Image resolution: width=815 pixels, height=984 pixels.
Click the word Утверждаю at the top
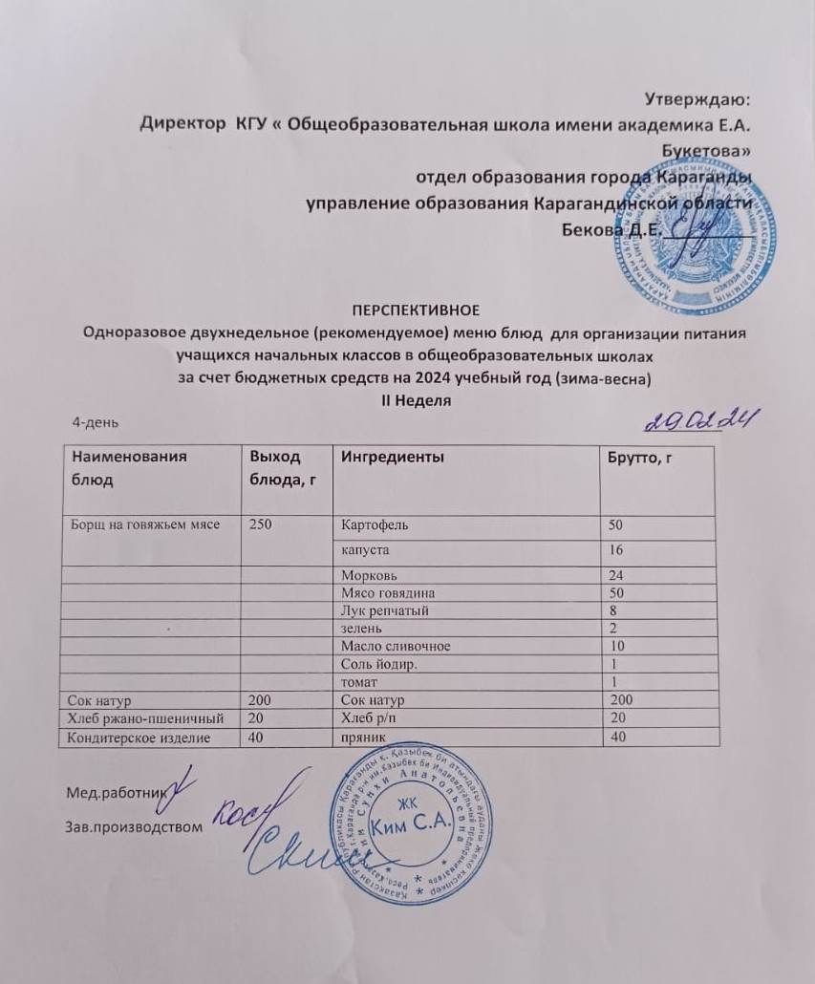pyautogui.click(x=697, y=98)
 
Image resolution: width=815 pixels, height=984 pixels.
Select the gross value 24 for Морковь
pyautogui.click(x=619, y=575)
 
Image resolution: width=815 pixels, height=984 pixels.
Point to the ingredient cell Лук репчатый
pyautogui.click(x=383, y=610)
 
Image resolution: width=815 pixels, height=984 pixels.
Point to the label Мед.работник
pyautogui.click(x=116, y=792)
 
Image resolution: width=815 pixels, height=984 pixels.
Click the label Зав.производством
pyautogui.click(x=134, y=825)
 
